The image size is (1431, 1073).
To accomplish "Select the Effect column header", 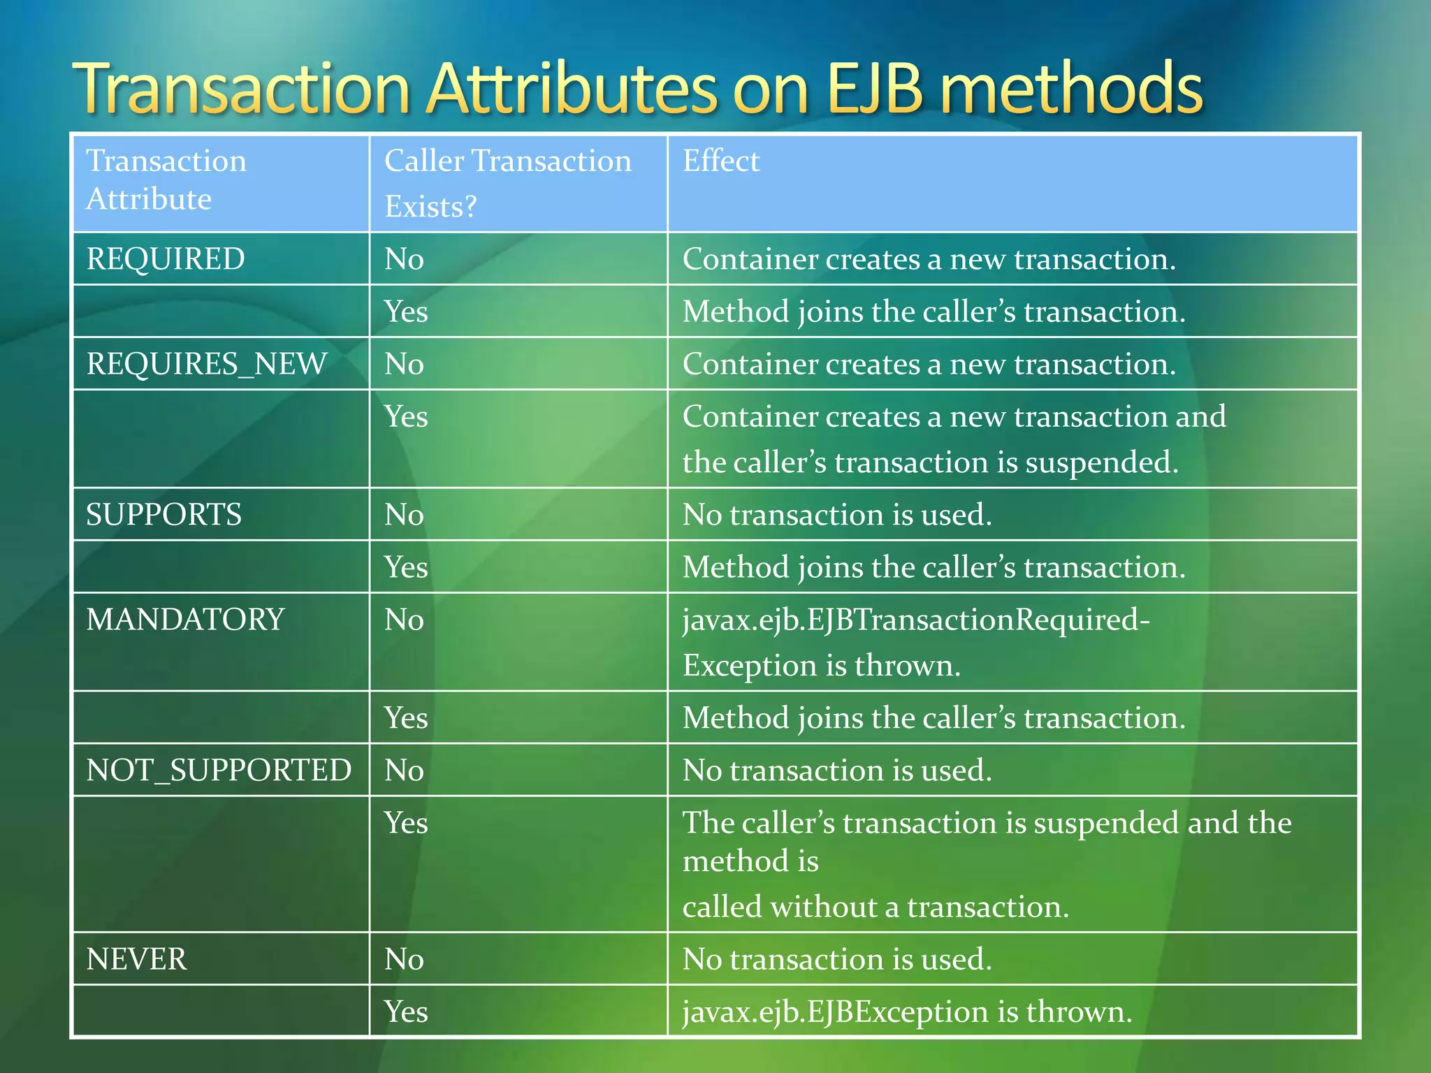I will click(x=720, y=161).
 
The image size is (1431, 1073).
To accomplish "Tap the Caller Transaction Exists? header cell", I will click(x=507, y=183).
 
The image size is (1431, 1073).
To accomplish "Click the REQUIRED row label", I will click(x=166, y=259).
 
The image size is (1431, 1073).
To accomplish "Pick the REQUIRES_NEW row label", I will click(x=206, y=364).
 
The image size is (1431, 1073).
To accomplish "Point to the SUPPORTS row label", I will click(x=164, y=515).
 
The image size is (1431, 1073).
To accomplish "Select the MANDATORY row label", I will click(x=185, y=620).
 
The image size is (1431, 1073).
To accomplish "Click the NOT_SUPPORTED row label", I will click(x=218, y=771).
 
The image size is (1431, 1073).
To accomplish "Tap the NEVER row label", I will click(x=136, y=959).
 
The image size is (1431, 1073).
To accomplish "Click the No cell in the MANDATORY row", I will click(x=404, y=620).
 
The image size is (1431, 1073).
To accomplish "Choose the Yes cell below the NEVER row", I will click(x=406, y=1012).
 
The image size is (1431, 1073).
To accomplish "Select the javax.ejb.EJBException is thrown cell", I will click(x=906, y=1012).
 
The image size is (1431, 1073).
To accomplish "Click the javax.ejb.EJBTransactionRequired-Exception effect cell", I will click(x=915, y=642).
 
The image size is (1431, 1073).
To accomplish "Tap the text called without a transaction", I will click(x=875, y=907).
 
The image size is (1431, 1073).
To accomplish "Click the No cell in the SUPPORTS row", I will click(x=404, y=515).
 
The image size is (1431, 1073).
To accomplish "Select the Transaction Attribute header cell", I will click(x=166, y=180).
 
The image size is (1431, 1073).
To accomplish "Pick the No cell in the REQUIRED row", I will click(x=404, y=259).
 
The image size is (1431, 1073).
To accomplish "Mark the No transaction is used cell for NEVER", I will click(x=836, y=959).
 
